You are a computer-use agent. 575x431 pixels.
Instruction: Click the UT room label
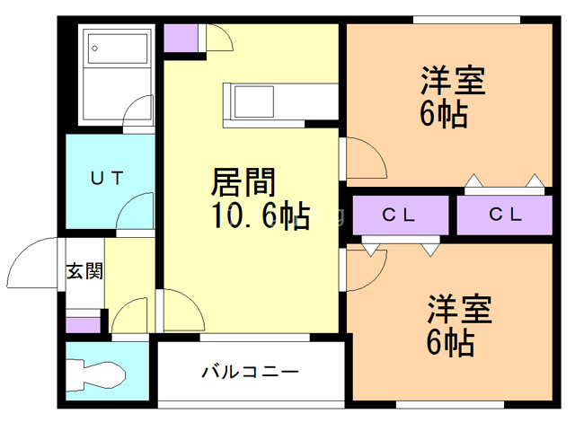coord(105,177)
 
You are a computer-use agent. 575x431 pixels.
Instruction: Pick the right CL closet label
coord(505,215)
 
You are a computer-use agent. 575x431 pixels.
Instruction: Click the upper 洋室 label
coord(454,81)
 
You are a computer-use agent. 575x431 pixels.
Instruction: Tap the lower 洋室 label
coord(458,311)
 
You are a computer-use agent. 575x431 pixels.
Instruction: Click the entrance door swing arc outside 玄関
coord(34,260)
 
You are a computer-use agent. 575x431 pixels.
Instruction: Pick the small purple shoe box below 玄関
coord(84,322)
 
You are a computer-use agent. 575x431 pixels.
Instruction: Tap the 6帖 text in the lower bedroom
coord(447,343)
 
